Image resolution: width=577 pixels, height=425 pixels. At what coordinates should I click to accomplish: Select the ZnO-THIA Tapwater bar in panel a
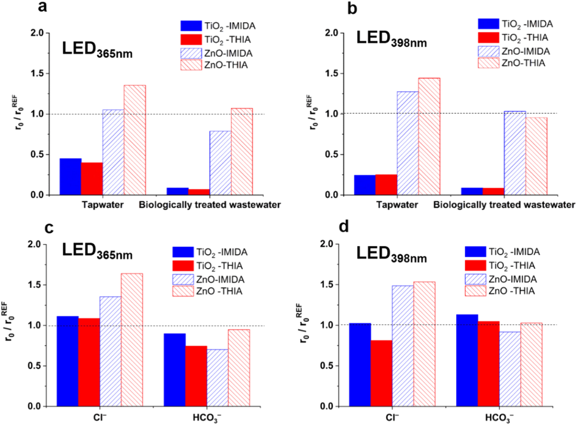point(135,140)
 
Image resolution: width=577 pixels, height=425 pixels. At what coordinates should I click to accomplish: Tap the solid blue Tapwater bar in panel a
point(70,176)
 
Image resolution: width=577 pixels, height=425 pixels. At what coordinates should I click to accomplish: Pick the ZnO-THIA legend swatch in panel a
point(191,65)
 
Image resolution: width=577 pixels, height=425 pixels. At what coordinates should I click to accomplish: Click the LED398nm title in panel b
point(391,39)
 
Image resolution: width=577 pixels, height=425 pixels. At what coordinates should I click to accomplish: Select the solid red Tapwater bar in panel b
point(386,184)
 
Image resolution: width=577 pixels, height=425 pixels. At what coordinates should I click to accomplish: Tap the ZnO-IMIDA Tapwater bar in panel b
point(408,143)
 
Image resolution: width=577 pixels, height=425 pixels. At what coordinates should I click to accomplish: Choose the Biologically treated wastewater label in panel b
point(504,205)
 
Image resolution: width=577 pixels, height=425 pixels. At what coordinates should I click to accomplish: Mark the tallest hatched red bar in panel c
point(131,339)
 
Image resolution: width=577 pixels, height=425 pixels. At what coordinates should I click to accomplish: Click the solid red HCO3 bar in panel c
point(196,376)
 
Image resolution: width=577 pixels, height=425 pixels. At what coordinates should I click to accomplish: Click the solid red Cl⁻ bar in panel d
point(381,373)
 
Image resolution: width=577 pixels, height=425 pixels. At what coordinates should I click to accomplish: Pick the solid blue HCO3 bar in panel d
point(467,360)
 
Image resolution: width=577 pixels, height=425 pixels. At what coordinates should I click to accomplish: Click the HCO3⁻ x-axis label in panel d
point(499,417)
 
